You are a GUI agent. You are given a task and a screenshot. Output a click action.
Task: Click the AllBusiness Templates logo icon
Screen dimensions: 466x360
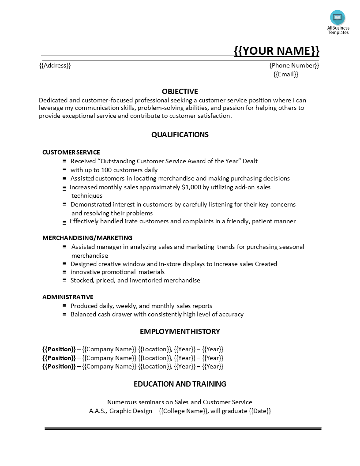(x=337, y=18)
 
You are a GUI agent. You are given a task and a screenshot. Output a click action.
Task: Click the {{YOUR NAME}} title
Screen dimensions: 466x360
(x=276, y=51)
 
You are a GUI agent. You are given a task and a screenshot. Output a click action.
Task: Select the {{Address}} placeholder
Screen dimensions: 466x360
(x=55, y=65)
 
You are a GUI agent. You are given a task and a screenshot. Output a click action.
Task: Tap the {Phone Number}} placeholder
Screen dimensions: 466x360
(x=294, y=65)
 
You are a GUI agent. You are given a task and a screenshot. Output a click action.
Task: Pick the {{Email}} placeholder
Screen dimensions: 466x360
(x=286, y=74)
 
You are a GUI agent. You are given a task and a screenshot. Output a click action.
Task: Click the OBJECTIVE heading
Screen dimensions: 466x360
(x=180, y=91)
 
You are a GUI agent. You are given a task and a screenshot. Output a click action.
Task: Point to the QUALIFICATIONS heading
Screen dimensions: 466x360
(x=180, y=135)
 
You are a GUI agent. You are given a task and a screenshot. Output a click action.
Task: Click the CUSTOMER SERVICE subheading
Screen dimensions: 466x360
(x=71, y=152)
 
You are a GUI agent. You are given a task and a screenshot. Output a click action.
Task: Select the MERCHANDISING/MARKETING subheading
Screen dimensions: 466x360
(x=87, y=238)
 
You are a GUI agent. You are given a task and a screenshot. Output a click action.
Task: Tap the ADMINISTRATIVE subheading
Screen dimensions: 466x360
(x=68, y=297)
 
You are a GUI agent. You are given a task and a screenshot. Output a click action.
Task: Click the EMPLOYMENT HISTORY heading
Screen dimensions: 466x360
(x=180, y=331)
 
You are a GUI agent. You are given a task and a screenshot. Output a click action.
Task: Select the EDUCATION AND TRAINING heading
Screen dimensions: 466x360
(x=180, y=384)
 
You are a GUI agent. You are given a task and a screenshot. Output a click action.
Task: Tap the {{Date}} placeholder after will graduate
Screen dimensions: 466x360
(x=260, y=411)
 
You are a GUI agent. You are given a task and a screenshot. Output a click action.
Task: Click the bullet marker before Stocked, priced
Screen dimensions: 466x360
(x=65, y=280)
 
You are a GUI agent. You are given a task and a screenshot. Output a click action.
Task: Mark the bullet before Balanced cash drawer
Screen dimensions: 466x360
(x=65, y=314)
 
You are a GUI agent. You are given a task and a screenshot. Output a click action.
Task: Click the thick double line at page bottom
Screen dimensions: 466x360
(x=183, y=428)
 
